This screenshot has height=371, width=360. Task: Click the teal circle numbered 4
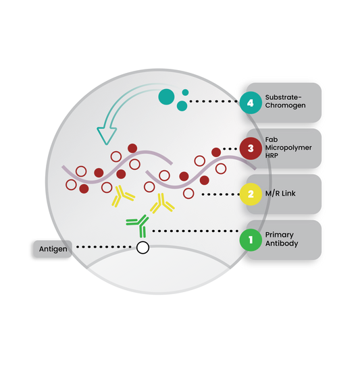click(x=251, y=103)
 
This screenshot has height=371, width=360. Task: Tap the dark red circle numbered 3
click(x=251, y=148)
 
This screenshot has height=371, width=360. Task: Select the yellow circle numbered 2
click(x=251, y=194)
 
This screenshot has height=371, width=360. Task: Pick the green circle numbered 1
click(x=251, y=239)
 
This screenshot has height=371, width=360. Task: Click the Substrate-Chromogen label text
click(x=285, y=101)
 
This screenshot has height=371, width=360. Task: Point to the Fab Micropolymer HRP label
click(x=288, y=148)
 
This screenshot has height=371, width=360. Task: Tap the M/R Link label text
click(x=280, y=194)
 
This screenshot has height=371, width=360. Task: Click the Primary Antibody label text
click(x=282, y=239)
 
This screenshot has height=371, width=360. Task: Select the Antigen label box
click(x=53, y=249)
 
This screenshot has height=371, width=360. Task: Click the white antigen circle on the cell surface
click(x=143, y=248)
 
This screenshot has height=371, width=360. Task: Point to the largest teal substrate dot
click(x=166, y=96)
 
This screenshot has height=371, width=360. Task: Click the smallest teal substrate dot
click(x=185, y=92)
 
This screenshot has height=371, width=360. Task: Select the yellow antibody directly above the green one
click(x=162, y=203)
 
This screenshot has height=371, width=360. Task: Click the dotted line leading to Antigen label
click(x=104, y=247)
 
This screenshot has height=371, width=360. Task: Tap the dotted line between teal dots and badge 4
click(x=213, y=101)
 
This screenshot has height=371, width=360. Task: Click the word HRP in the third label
click(x=272, y=156)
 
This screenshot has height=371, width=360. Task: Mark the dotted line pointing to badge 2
click(x=221, y=194)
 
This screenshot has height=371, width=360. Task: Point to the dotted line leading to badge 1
click(x=195, y=231)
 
